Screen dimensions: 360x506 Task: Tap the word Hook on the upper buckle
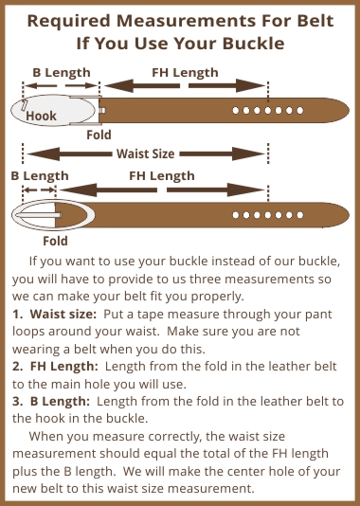pyautogui.click(x=41, y=116)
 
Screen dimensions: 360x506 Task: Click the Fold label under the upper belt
pyautogui.click(x=99, y=135)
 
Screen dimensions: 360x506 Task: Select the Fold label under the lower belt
pyautogui.click(x=55, y=241)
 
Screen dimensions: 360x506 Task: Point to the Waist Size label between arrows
pyautogui.click(x=146, y=154)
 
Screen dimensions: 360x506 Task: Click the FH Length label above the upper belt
pyautogui.click(x=185, y=73)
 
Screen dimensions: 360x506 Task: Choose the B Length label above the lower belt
pyautogui.click(x=40, y=176)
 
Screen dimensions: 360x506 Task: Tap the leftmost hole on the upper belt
pyautogui.click(x=236, y=110)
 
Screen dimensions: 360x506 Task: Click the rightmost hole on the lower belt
pyautogui.click(x=300, y=215)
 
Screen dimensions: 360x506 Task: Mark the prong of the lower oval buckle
pyautogui.click(x=39, y=215)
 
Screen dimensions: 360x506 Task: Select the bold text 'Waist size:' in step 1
pyautogui.click(x=63, y=314)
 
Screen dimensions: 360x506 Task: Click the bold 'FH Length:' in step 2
pyautogui.click(x=63, y=367)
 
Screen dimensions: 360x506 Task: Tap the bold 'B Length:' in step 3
pyautogui.click(x=60, y=401)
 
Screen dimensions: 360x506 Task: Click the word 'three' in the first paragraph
pyautogui.click(x=205, y=279)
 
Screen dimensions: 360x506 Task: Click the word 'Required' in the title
pyautogui.click(x=69, y=21)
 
